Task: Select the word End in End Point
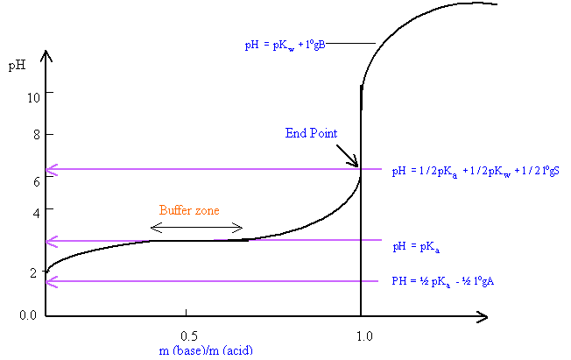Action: tap(295, 134)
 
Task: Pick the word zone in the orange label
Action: tap(207, 211)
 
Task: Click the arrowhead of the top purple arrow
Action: tap(51, 170)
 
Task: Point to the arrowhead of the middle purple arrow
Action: tap(51, 241)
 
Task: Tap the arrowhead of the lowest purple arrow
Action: tap(51, 281)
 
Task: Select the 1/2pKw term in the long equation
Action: tap(487, 172)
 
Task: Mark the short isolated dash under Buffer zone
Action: tap(221, 239)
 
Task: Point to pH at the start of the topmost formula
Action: tap(252, 45)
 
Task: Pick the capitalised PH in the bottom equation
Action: tap(398, 281)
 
